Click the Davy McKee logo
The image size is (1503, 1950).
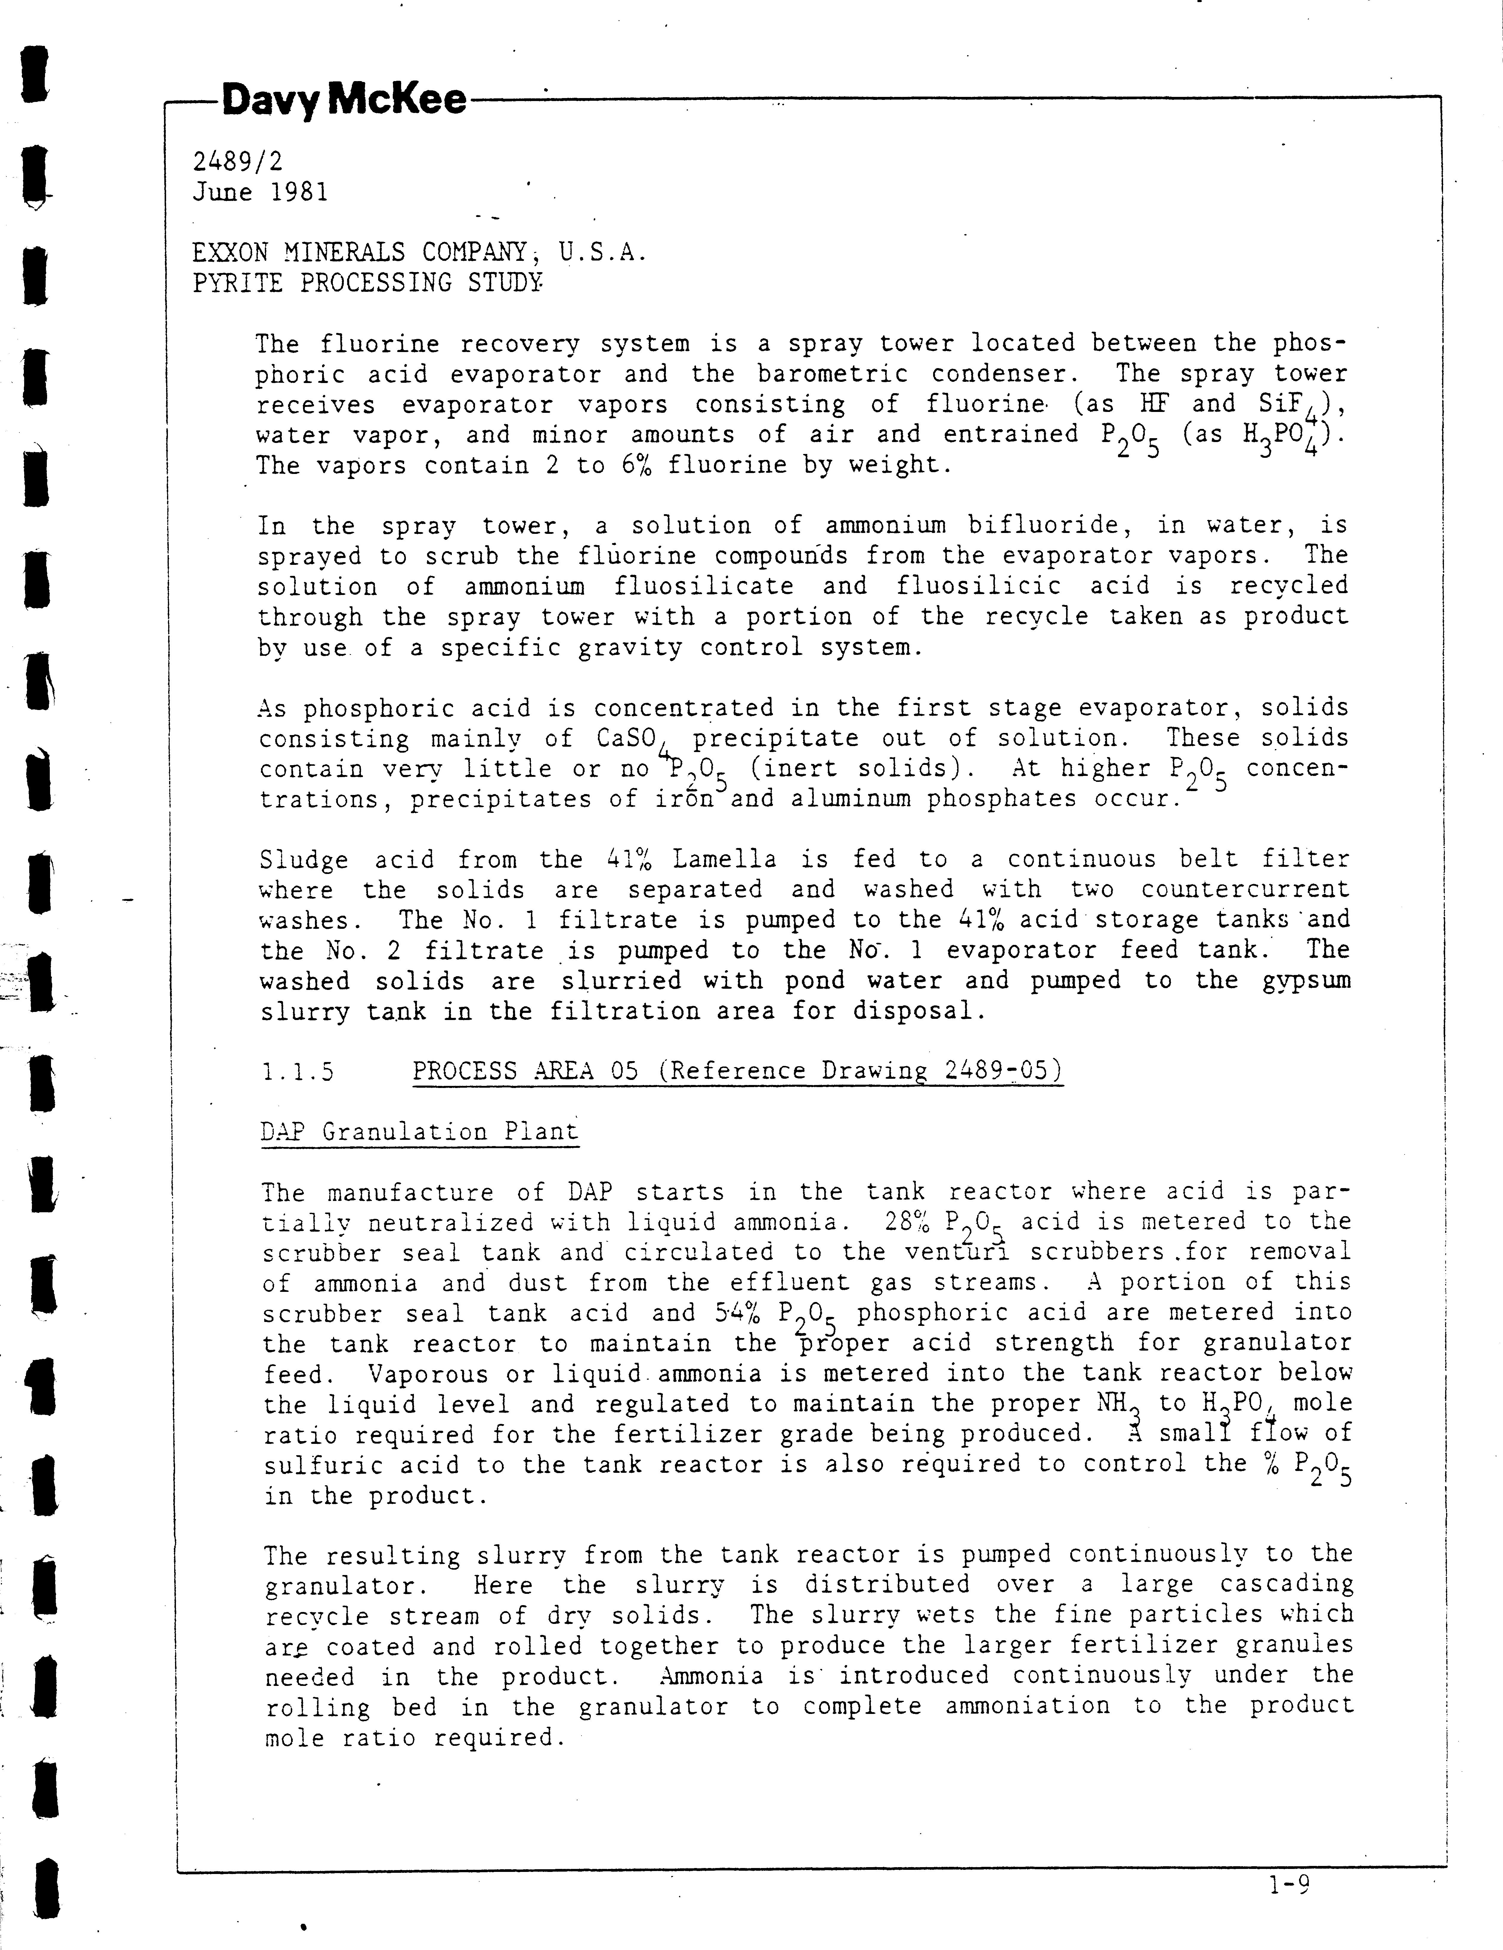click(x=344, y=101)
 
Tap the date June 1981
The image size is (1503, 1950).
click(x=260, y=192)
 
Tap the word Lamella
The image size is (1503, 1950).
click(x=724, y=860)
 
